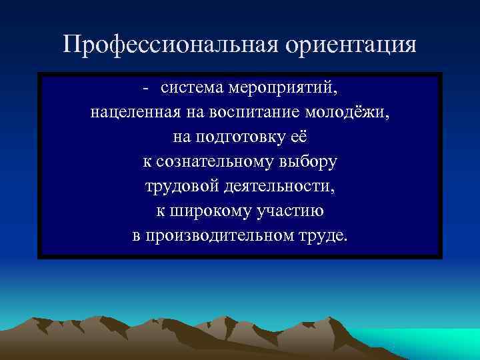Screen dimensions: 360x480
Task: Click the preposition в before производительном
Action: click(136, 236)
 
